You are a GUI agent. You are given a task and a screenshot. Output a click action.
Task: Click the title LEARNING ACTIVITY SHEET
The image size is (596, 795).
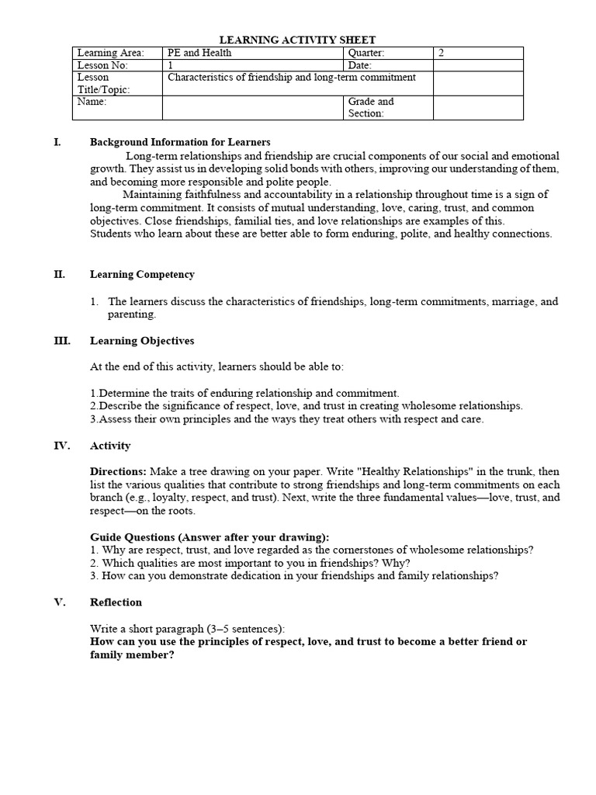pos(298,40)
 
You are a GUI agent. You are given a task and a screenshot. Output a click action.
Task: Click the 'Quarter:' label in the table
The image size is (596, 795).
pos(366,53)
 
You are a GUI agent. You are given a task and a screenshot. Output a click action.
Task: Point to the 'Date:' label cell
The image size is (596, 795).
pos(360,65)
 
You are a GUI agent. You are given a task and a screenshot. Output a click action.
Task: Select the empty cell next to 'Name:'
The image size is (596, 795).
pos(252,107)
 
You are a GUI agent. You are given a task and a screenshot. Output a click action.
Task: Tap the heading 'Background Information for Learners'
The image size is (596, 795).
pos(180,142)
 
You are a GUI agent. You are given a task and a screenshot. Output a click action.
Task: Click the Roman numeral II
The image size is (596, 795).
pos(60,274)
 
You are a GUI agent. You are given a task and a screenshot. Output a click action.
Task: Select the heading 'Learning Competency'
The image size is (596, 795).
pos(142,274)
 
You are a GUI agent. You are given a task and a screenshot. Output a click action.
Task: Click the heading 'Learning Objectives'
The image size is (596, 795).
pos(142,341)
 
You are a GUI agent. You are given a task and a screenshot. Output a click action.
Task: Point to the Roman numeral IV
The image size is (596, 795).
pos(61,446)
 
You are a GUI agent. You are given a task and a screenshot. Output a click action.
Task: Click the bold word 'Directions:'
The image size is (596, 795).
pos(118,472)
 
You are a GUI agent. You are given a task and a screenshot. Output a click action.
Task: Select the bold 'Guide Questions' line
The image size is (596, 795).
pos(210,537)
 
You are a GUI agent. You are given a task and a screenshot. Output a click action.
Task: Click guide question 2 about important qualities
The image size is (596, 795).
pos(250,563)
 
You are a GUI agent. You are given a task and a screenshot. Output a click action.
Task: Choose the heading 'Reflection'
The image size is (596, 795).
pos(116,602)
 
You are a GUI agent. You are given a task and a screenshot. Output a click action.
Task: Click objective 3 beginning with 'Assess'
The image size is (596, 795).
pos(286,419)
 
